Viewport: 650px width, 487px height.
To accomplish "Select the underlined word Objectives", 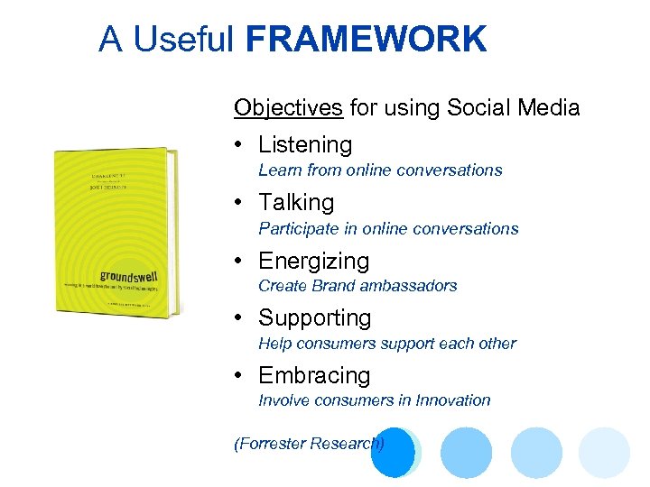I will coord(288,108).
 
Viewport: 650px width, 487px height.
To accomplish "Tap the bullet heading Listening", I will coord(305,144).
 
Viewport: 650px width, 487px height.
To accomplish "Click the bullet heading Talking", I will coord(296,203).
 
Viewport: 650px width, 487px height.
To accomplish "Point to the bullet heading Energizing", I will coord(313,261).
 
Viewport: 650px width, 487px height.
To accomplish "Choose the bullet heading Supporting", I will coord(314,318).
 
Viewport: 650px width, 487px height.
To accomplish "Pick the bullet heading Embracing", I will coord(314,375).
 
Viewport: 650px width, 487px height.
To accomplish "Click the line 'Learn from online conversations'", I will coord(380,170).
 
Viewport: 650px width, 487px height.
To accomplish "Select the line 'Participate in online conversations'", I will coord(388,228).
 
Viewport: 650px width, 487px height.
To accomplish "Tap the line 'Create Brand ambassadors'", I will coord(357,285).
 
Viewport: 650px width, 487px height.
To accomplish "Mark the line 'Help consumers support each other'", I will coord(387,343).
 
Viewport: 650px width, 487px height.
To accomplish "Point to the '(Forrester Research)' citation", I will coord(309,443).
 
